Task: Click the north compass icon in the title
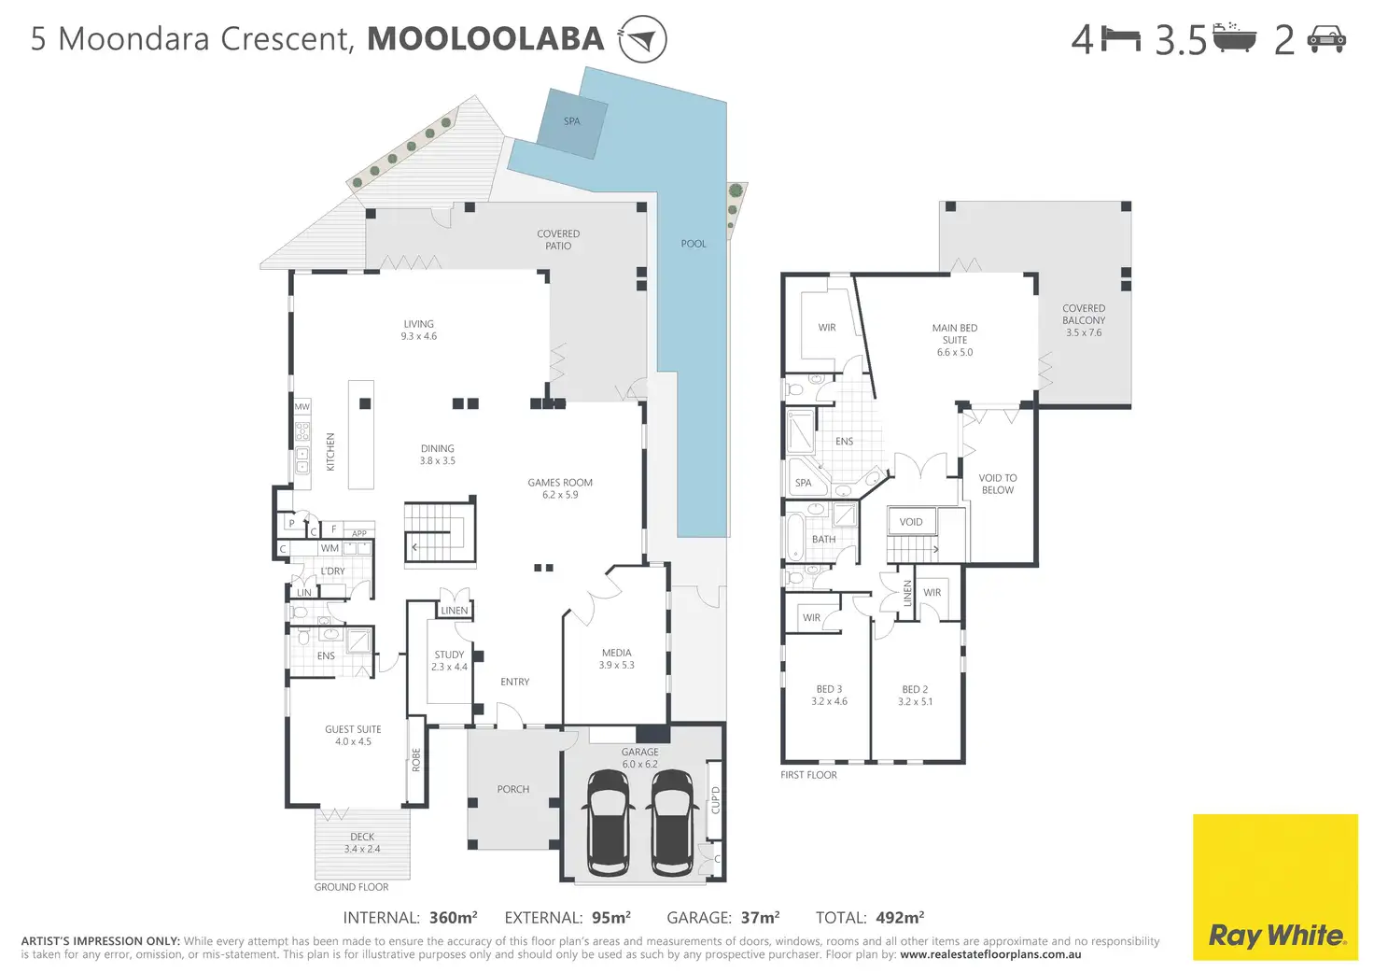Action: pyautogui.click(x=642, y=38)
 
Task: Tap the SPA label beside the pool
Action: pyautogui.click(x=571, y=121)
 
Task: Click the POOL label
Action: pyautogui.click(x=694, y=244)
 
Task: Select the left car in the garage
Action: pyautogui.click(x=608, y=823)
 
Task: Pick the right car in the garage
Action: pyautogui.click(x=672, y=823)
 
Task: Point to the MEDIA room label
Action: pyautogui.click(x=616, y=653)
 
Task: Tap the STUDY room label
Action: pyautogui.click(x=449, y=655)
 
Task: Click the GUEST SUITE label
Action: pyautogui.click(x=353, y=729)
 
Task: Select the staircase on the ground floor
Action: pyautogui.click(x=440, y=532)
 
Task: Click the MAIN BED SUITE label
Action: pyautogui.click(x=955, y=334)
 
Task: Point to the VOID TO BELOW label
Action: pyautogui.click(x=998, y=484)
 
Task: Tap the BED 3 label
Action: pyautogui.click(x=829, y=689)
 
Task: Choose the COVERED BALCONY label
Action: pyautogui.click(x=1084, y=314)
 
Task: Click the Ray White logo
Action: pyautogui.click(x=1275, y=887)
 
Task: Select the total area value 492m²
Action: pyautogui.click(x=900, y=918)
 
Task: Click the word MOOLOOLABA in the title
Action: pyautogui.click(x=485, y=38)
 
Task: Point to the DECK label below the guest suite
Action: pyautogui.click(x=362, y=837)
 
